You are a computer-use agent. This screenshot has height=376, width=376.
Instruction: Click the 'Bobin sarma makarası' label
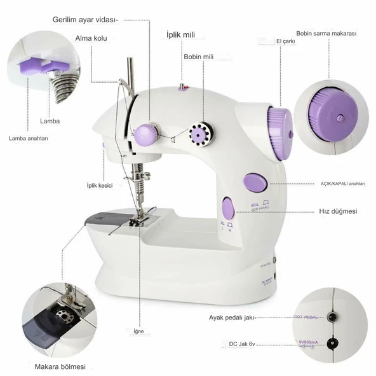tap(326, 33)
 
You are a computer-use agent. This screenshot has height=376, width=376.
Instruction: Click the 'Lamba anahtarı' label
tap(29, 138)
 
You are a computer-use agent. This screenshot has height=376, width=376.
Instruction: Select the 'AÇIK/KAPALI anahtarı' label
tap(342, 183)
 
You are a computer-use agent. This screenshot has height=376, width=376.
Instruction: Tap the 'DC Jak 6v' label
tap(243, 345)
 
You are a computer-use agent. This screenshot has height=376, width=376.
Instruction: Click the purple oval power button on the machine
tap(255, 183)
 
